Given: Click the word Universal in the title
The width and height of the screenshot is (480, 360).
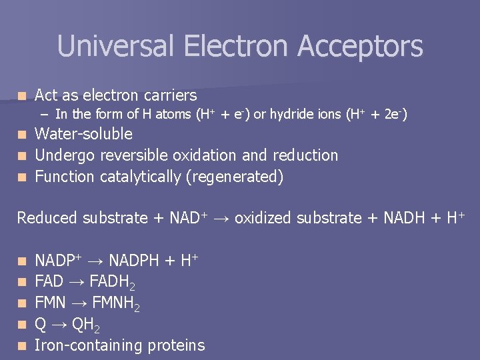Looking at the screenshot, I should (117, 47).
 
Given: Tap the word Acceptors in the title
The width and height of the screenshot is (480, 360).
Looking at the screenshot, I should (360, 47).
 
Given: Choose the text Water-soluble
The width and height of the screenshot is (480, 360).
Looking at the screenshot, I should (83, 134).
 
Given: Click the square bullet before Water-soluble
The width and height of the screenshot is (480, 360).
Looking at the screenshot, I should (23, 135).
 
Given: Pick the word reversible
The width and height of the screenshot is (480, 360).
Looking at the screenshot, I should (137, 155).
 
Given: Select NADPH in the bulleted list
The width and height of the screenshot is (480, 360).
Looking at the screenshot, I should (133, 261).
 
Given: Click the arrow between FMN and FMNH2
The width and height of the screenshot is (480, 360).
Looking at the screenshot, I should (78, 303).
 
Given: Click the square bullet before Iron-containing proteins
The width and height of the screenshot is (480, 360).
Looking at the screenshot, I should (23, 346).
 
